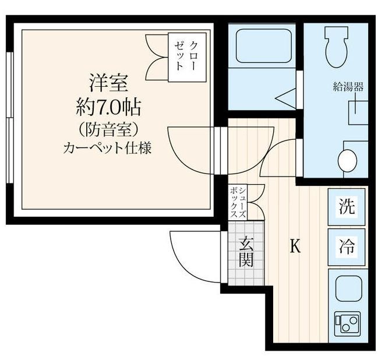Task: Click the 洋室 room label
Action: point(108,82)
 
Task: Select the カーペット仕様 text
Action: point(108,147)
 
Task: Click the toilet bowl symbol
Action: point(337,47)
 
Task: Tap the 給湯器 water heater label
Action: point(348,87)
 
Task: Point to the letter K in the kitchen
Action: point(295,246)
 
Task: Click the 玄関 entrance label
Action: point(246,250)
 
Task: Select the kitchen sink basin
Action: point(347,287)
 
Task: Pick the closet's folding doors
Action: point(156,55)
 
